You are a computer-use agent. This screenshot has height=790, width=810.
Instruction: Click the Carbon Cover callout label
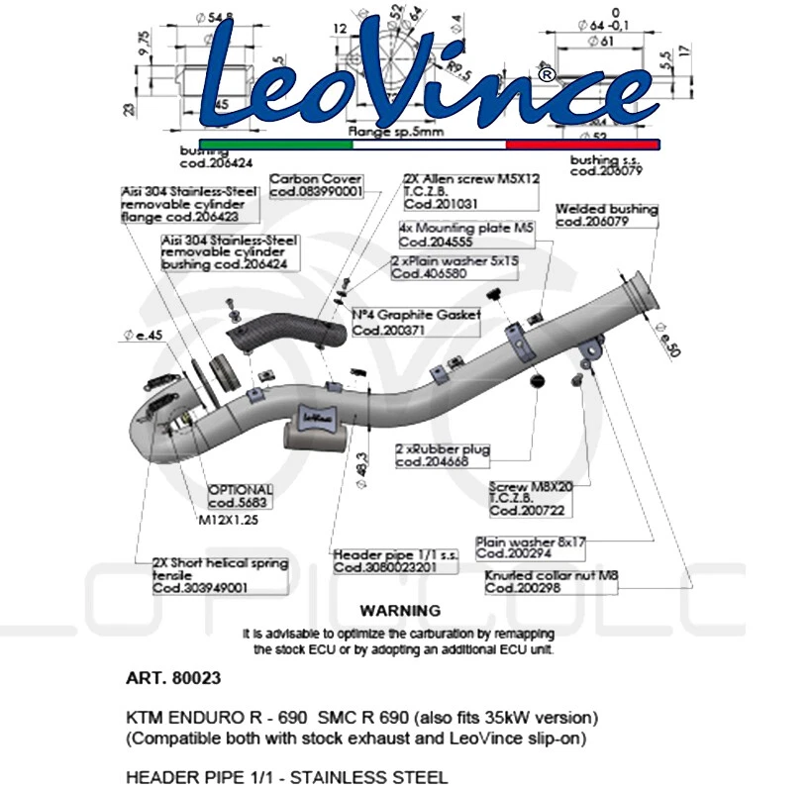tap(316, 186)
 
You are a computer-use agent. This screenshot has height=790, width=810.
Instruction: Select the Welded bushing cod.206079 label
tap(606, 216)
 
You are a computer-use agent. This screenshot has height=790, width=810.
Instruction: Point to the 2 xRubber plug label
tap(443, 454)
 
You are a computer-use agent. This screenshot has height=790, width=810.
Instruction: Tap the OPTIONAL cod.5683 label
tap(240, 496)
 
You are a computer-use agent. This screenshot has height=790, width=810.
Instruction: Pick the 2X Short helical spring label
tap(220, 575)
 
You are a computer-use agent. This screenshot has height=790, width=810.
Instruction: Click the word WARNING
tap(400, 611)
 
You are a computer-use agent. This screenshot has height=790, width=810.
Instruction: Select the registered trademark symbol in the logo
tap(546, 73)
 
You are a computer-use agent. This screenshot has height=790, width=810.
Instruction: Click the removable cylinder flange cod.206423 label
tap(188, 203)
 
